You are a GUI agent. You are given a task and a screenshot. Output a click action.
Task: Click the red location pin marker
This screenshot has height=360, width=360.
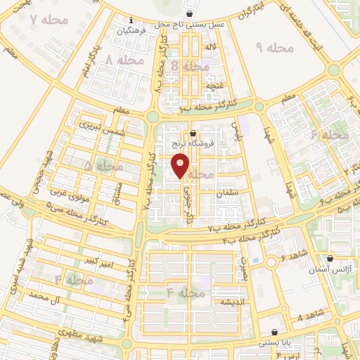click(180, 165)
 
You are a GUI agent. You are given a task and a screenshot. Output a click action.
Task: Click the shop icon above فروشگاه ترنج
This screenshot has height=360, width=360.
click(193, 133)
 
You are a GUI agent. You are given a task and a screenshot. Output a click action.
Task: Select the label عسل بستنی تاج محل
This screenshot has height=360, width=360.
click(192, 24)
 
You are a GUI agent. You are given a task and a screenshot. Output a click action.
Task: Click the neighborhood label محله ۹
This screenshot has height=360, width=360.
click(274, 48)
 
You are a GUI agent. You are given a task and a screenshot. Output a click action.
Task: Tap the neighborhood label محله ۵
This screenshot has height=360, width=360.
click(103, 167)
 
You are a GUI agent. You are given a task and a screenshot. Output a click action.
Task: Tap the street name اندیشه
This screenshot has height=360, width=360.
click(232, 302)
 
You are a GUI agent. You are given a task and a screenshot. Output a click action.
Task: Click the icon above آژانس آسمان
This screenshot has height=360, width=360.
click(330, 258)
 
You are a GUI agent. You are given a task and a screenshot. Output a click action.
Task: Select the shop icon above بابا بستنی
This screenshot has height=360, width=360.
click(274, 332)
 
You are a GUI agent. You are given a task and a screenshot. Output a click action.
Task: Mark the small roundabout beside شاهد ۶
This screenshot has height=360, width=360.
click(271, 262)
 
